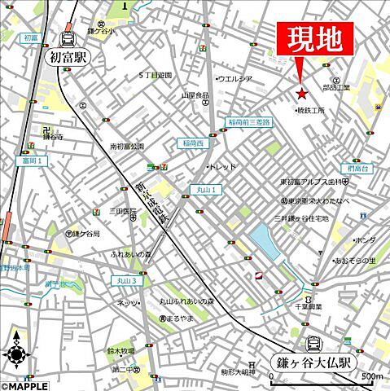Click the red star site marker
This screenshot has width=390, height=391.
point(302,94)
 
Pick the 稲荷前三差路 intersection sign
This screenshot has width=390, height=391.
point(250,122)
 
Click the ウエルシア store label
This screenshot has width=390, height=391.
point(236,78)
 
